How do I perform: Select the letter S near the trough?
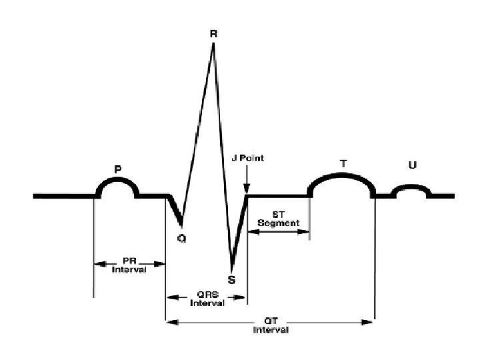231,280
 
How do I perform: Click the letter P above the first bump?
118,170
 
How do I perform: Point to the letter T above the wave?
343,163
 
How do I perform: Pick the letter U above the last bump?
412,165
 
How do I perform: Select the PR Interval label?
129,265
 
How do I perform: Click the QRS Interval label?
207,299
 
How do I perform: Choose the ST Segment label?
279,218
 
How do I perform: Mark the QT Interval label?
270,326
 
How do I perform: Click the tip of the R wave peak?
213,45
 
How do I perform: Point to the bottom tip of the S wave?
231,267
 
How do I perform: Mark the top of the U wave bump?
412,187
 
